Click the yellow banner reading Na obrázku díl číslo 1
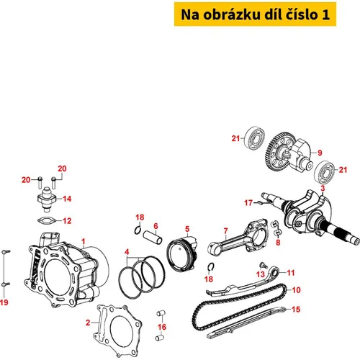255,14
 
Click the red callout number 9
320,153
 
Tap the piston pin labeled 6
153,237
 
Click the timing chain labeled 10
240,310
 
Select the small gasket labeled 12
47,220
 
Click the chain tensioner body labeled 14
47,199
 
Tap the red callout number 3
323,188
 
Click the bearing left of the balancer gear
254,138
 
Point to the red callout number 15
296,310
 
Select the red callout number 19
4,302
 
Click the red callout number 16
162,327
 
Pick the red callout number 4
127,252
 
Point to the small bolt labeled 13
263,265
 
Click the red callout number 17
248,203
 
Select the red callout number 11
291,273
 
